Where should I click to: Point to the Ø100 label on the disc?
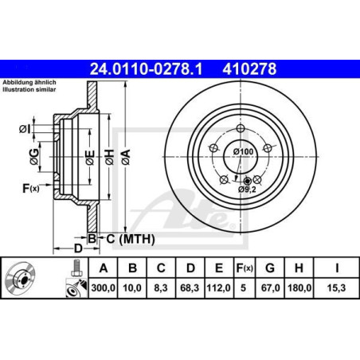tap(244, 151)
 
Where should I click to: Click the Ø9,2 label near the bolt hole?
tap(248, 189)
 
